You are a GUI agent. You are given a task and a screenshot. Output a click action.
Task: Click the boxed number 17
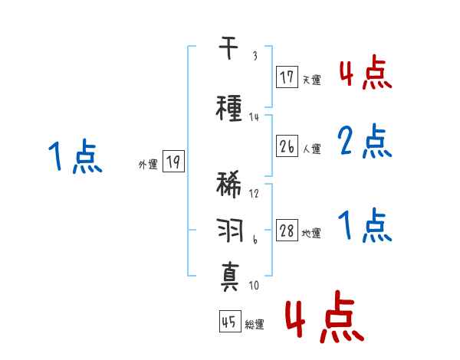(287, 77)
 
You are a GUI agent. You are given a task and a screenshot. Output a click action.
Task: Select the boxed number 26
(287, 145)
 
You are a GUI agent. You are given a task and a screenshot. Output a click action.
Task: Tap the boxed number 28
(287, 232)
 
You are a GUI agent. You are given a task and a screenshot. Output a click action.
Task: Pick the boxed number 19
(173, 162)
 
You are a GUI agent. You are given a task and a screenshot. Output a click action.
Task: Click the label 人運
(311, 148)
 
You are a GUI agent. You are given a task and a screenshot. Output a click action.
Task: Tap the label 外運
(148, 164)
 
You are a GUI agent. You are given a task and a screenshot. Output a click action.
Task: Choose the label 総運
(255, 325)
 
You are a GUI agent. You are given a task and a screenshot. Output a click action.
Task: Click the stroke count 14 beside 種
(255, 117)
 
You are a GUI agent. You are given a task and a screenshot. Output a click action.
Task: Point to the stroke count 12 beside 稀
(255, 194)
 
